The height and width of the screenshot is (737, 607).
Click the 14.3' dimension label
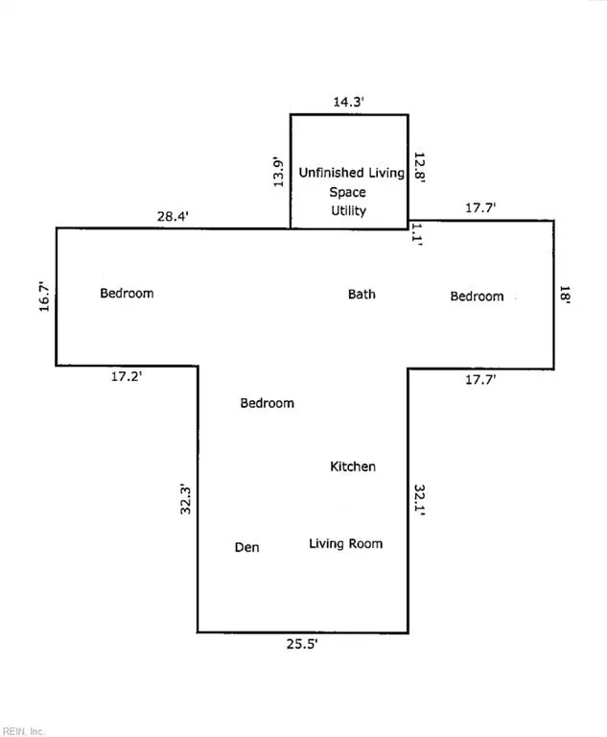[349, 102]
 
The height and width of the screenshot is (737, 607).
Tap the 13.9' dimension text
[279, 172]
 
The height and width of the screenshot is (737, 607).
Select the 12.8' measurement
[419, 167]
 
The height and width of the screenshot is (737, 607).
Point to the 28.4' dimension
[173, 216]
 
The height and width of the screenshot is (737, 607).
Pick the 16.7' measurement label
[44, 297]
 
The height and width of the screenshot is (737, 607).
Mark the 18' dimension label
[564, 296]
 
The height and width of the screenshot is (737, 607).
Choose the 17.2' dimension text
[127, 376]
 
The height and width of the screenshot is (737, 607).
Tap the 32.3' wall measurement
[186, 500]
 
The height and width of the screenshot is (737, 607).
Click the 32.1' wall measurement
[420, 500]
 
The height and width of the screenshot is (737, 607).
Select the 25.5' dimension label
[302, 644]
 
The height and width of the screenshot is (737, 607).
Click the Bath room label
[362, 295]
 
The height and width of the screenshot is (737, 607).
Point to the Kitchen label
[353, 466]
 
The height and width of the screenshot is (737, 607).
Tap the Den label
[246, 547]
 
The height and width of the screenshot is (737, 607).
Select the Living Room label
[346, 544]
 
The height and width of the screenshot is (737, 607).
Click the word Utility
[349, 210]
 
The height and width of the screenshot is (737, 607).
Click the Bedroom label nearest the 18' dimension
[477, 297]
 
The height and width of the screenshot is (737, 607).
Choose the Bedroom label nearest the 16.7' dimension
[127, 294]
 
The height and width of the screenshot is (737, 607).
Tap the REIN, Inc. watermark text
[23, 731]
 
